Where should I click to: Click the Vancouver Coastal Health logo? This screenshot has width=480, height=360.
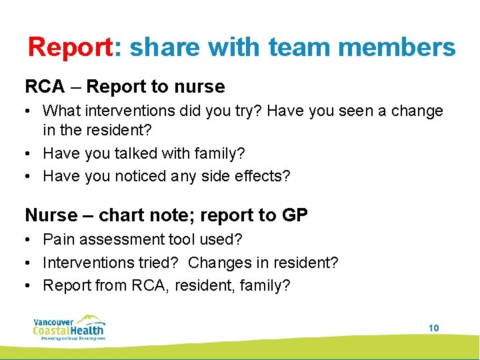pos(69,327)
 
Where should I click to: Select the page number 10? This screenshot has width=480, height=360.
pos(433,328)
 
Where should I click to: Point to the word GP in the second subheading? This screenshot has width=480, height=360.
pos(295,215)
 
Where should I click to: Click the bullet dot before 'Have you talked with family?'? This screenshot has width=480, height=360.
pos(30,153)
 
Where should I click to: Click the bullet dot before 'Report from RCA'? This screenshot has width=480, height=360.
pos(30,286)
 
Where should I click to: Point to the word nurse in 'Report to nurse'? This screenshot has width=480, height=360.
pos(201,87)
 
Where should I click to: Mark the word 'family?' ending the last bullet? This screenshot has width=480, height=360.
pos(268,286)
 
